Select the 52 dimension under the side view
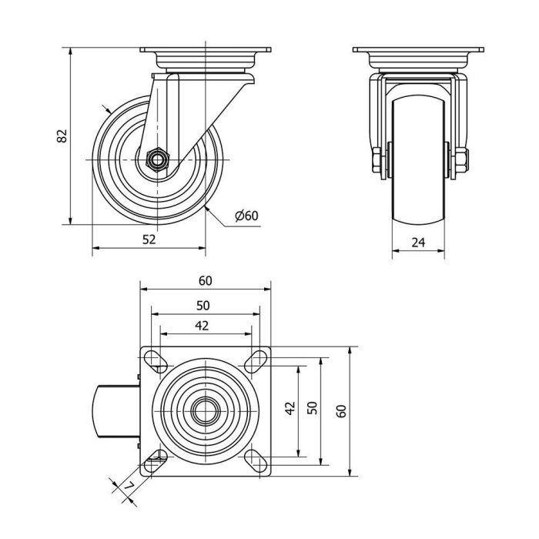tap(149, 239)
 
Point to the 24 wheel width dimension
tap(418, 242)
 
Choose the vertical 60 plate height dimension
tap(341, 410)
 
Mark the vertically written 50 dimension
tap(312, 408)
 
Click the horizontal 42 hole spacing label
tap(202, 325)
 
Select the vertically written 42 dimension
tap(290, 408)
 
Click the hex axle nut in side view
tap(157, 161)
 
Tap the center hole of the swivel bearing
tap(205, 410)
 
